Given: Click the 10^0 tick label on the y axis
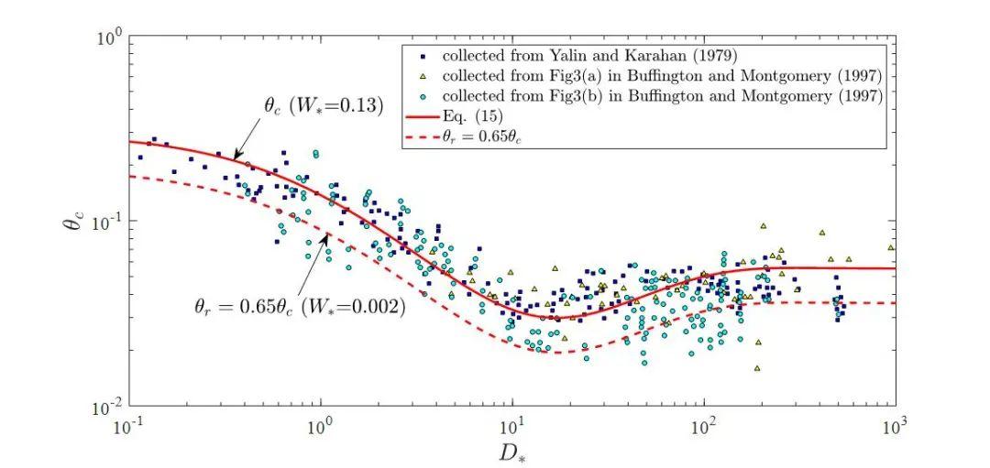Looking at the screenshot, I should [110, 38].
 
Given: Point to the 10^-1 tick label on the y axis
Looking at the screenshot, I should [108, 223].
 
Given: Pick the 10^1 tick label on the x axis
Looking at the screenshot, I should [512, 427].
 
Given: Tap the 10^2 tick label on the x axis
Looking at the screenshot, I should [704, 427].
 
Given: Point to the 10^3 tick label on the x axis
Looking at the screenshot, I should [896, 427].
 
